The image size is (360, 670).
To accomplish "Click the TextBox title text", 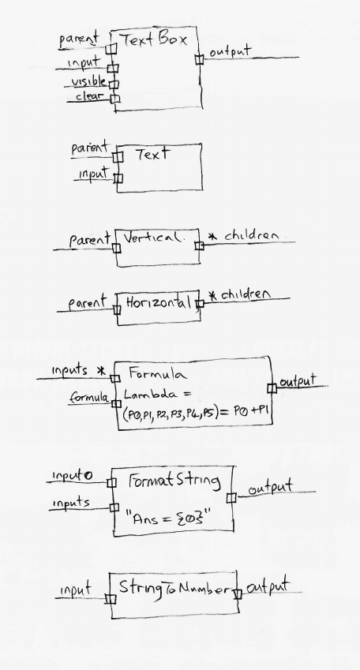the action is [x=155, y=39].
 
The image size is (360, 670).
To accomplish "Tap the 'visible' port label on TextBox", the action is [x=88, y=81].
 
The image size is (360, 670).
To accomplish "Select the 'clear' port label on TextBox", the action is [x=89, y=96].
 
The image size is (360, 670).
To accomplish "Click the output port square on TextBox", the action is [x=200, y=59].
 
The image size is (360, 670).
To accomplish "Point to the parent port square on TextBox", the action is [x=111, y=49].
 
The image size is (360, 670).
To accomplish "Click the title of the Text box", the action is [x=153, y=154].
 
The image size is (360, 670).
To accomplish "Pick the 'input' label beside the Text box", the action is [x=93, y=174].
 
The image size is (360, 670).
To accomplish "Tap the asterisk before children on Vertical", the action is [x=212, y=236].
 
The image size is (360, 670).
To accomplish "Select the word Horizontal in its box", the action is [x=158, y=303].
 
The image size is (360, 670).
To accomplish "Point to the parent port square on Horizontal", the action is [x=117, y=309].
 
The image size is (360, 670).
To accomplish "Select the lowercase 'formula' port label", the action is [x=89, y=398].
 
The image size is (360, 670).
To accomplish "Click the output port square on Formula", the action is [x=272, y=388].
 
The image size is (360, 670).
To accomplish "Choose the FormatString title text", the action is [x=174, y=481].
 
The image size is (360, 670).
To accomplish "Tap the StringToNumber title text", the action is [x=174, y=590].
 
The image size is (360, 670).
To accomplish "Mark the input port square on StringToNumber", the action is [x=111, y=599].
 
